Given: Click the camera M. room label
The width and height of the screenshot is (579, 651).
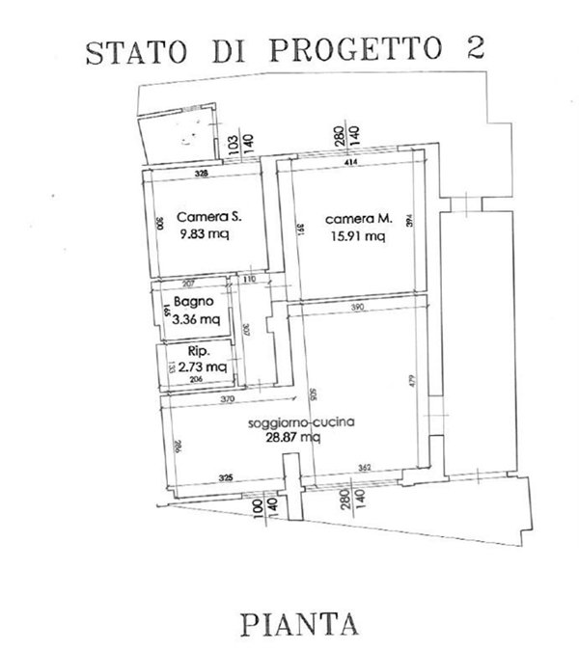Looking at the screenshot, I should click(x=353, y=217).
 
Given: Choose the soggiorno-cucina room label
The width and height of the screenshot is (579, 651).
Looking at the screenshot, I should click(x=289, y=422).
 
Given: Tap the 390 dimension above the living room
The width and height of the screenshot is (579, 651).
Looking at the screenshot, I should click(x=357, y=307).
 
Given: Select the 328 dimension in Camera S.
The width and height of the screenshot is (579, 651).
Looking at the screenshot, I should click(x=201, y=175).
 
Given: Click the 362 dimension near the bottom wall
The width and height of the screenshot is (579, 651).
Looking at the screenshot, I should click(x=365, y=469).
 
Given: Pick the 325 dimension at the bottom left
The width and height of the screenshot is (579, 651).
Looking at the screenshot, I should click(x=224, y=477).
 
